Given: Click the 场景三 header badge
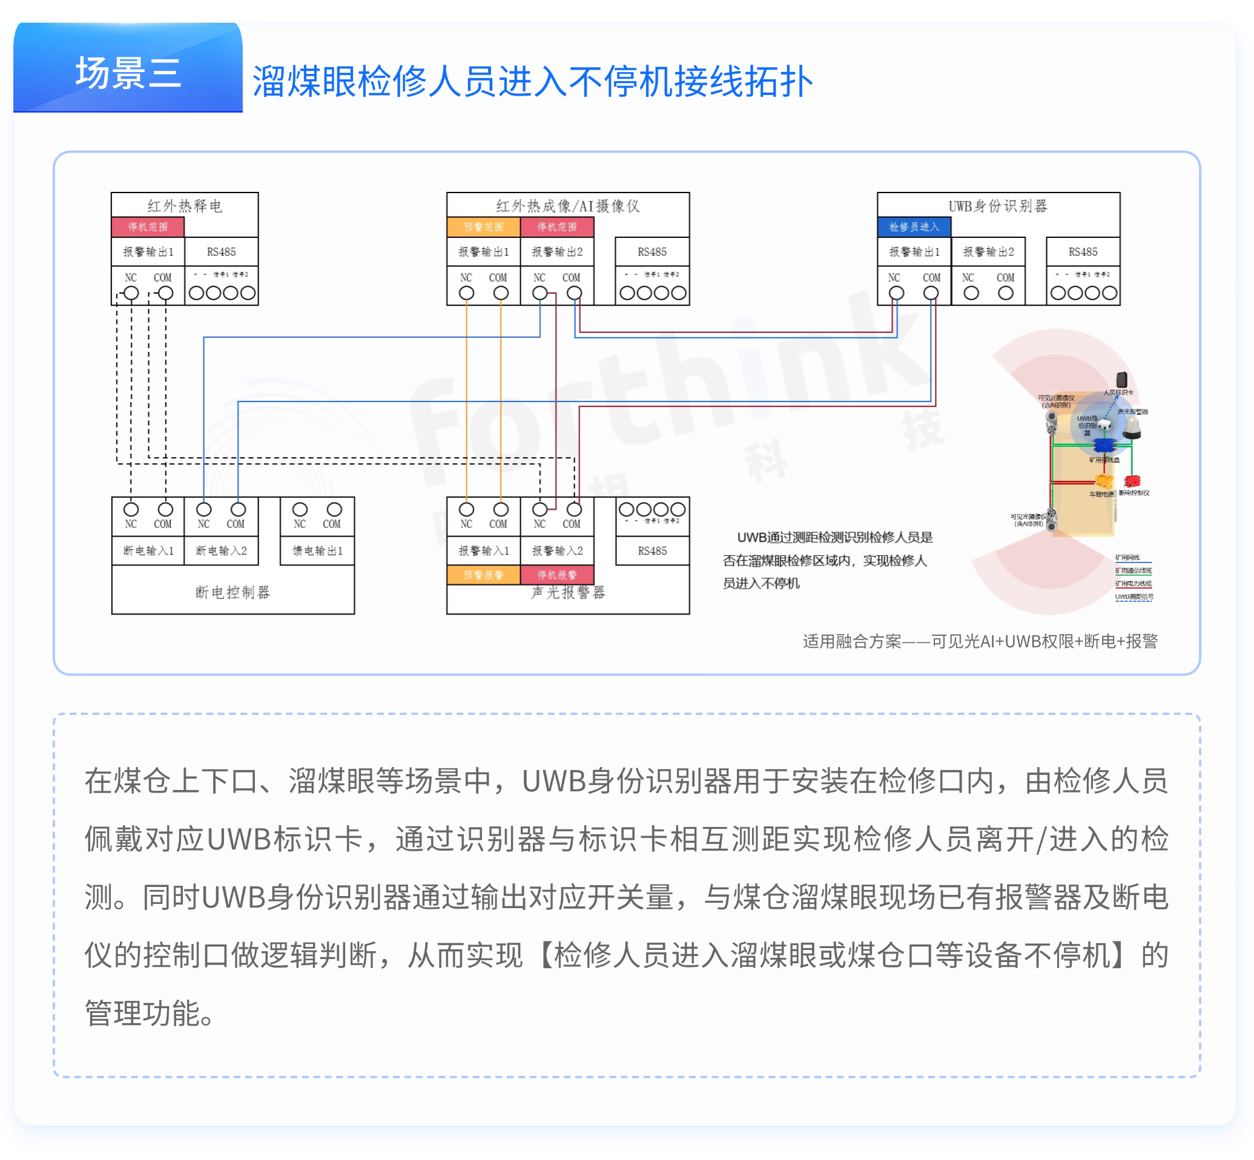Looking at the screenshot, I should pos(128,72).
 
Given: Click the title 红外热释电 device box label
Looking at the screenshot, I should pos(185,206).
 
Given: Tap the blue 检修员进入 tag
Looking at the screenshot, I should pos(913,226).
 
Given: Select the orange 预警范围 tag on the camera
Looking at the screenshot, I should pos(483,226).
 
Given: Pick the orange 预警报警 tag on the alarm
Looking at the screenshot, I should pos(483,575).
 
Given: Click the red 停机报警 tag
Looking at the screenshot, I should pos(556,575).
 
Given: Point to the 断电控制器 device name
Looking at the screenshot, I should pos(233,592).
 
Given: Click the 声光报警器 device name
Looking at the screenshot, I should pos(568,593).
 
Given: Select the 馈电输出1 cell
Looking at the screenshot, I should pos(317,550).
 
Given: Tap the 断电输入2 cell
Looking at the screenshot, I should pos(221,550).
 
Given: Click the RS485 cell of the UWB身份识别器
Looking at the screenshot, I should pos(1083,252).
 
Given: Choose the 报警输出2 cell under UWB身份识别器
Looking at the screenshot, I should pos(988,252).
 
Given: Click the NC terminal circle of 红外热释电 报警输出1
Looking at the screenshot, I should pos(131,293).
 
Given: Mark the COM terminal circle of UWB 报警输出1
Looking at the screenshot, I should pos(931,293).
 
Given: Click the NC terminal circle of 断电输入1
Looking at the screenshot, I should pos(131,509).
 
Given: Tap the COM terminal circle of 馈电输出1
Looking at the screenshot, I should pos(334,509).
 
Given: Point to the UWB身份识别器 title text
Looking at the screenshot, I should pos(997,206).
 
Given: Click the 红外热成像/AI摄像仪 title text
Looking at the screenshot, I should pos(567,206).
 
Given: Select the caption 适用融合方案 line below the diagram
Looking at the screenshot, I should pos(980,641).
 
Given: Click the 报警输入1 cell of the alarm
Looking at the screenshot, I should pos(483,550).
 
